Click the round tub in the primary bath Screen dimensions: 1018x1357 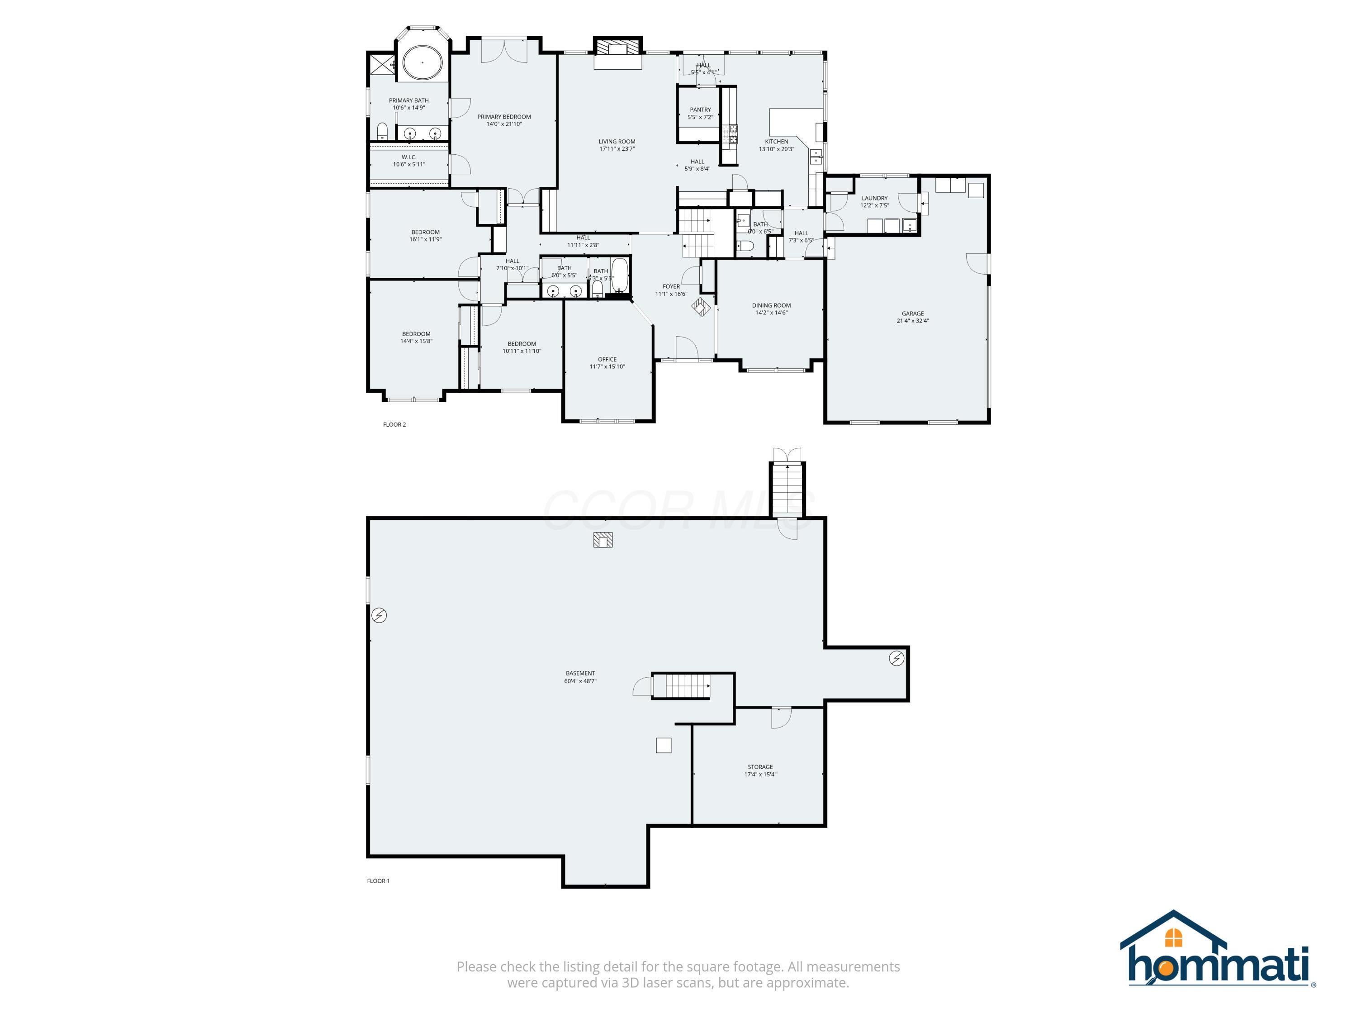422,62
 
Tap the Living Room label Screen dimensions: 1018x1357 617,142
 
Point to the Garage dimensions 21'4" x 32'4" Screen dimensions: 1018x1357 912,321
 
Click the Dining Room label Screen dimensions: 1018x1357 771,305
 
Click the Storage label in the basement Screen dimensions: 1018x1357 759,767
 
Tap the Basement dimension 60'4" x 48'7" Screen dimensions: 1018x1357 580,681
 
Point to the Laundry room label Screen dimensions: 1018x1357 874,198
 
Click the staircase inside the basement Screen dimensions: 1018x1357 680,685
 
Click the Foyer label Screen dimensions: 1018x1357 671,286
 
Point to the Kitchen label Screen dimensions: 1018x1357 776,142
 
